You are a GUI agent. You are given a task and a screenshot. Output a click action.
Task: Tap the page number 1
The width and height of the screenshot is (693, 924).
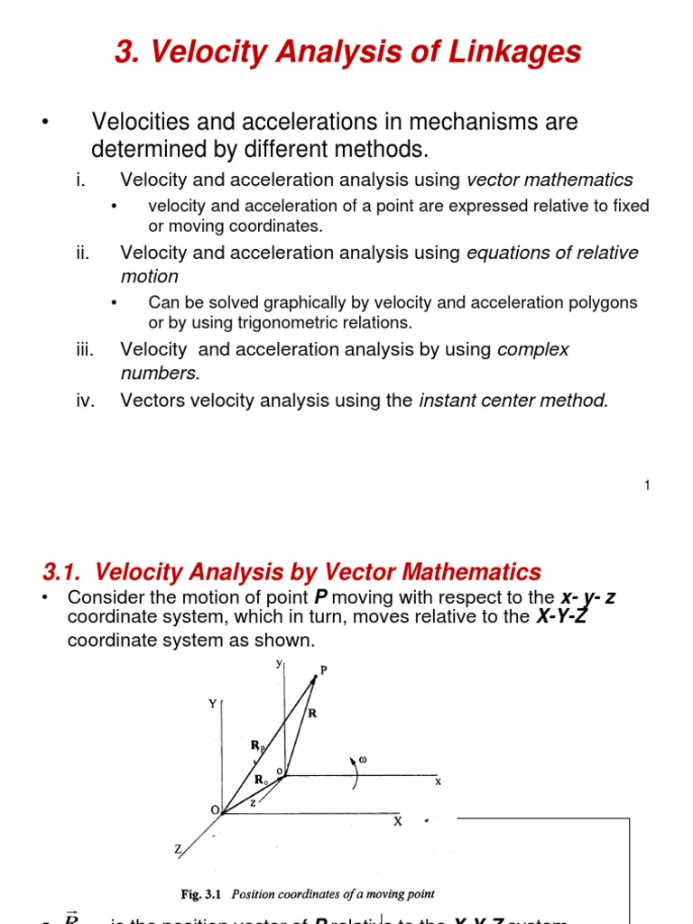[647, 486]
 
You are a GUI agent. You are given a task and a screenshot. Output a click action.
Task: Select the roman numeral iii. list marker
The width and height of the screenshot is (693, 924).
[86, 349]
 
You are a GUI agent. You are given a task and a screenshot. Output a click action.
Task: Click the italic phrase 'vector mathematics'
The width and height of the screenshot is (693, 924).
[550, 180]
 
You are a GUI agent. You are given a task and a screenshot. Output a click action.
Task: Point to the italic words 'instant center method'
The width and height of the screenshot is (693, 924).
[513, 401]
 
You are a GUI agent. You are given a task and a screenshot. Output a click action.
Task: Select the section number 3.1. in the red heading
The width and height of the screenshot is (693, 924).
[64, 571]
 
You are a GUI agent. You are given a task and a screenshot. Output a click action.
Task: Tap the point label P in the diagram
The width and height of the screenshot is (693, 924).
[323, 670]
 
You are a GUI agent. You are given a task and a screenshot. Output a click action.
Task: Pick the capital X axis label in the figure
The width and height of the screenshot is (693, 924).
[396, 822]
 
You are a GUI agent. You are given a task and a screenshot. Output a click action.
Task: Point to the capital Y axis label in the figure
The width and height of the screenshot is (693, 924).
[213, 704]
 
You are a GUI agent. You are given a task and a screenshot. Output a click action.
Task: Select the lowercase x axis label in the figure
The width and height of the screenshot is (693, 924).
[438, 782]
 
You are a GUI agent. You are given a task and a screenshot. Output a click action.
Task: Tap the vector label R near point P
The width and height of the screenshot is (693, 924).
[312, 713]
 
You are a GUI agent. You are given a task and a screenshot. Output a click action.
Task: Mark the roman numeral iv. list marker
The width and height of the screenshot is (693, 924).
[86, 401]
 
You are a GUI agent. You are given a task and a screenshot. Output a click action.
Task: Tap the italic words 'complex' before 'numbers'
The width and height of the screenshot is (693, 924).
[533, 349]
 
